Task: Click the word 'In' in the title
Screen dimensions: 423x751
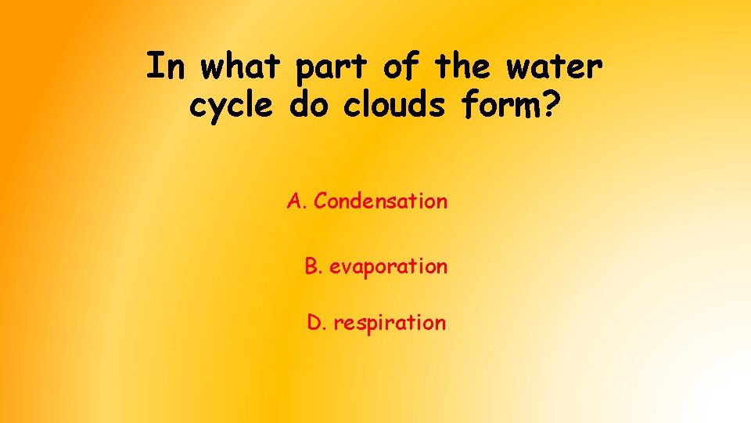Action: click(x=164, y=67)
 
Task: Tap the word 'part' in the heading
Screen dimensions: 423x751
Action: click(x=332, y=69)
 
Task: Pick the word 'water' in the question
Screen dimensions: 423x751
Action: click(x=555, y=69)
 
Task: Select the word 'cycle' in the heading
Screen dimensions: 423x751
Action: click(x=229, y=107)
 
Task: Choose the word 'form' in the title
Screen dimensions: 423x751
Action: click(x=500, y=105)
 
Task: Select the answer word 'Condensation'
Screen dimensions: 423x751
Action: click(x=381, y=201)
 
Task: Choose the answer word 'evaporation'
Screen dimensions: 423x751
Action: click(x=389, y=267)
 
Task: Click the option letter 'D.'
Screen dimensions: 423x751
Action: click(x=316, y=322)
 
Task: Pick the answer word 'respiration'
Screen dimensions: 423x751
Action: click(x=390, y=323)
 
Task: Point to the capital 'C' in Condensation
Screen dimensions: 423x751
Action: click(x=320, y=201)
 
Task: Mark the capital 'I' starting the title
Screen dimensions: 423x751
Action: click(x=155, y=67)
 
